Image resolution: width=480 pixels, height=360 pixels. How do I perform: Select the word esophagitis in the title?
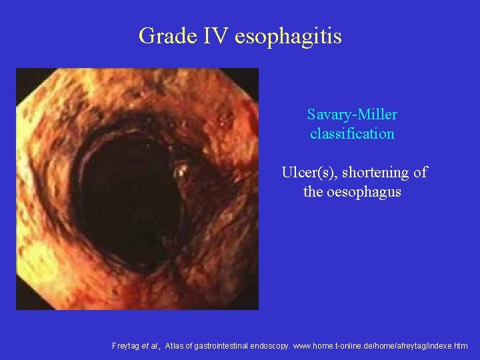[x=288, y=36]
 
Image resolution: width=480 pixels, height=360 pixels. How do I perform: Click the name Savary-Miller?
[x=352, y=115]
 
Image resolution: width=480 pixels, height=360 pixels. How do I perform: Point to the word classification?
[x=352, y=133]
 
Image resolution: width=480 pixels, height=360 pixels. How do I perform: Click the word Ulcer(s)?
[x=307, y=173]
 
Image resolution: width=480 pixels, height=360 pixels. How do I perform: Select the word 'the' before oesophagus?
[x=312, y=192]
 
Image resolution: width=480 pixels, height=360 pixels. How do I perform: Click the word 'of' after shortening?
[x=419, y=173]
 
